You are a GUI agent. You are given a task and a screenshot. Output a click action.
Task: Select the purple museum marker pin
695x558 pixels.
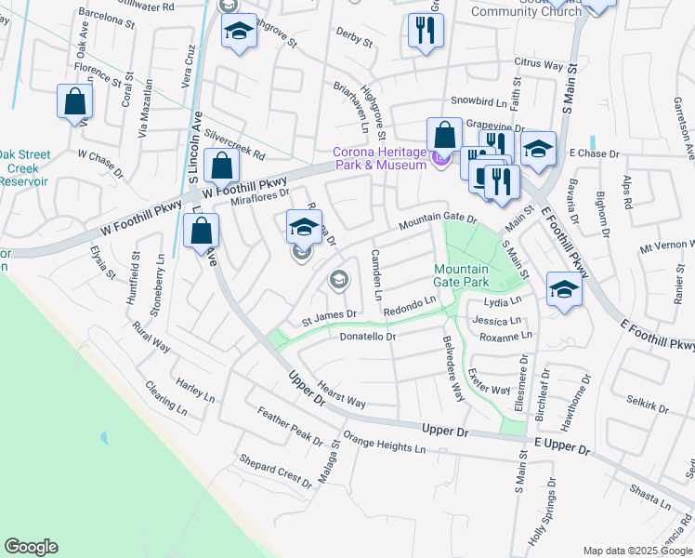click(441, 164)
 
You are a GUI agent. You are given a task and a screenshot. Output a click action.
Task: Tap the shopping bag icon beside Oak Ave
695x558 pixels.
click(74, 101)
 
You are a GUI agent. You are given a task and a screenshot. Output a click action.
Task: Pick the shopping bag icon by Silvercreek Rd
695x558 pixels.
click(222, 167)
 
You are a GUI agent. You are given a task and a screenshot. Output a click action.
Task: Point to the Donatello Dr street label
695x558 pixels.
click(368, 337)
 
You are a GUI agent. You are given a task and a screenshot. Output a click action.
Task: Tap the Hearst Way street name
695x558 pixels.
click(341, 396)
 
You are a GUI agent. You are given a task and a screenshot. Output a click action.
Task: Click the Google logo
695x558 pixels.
click(31, 547)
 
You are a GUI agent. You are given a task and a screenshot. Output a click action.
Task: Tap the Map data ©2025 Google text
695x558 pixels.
click(636, 551)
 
